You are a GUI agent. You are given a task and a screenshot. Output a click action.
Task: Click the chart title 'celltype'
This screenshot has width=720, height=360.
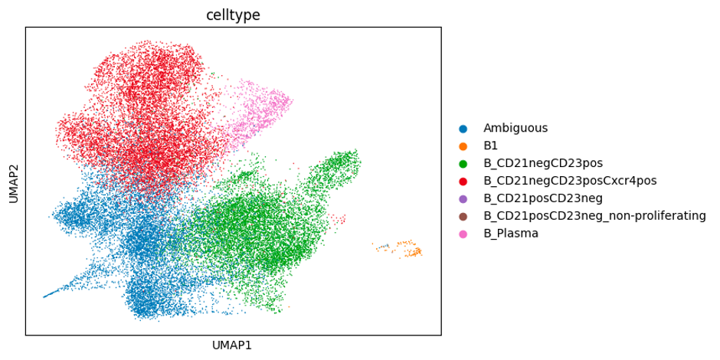point(233,15)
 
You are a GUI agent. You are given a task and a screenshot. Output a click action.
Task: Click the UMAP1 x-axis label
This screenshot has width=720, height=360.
point(233,345)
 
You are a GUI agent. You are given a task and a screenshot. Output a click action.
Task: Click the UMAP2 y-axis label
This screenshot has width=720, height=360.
point(13,182)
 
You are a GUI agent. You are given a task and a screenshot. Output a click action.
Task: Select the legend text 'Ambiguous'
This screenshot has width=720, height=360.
point(515,128)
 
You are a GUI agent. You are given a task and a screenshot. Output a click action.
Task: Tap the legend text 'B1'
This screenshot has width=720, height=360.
point(491,146)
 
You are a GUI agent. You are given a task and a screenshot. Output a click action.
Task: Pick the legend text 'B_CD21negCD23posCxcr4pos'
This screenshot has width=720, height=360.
point(570,181)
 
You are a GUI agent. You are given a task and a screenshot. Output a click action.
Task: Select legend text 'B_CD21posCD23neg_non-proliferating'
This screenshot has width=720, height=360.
point(594,216)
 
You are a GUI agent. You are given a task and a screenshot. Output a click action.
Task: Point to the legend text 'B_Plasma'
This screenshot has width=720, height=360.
point(511,234)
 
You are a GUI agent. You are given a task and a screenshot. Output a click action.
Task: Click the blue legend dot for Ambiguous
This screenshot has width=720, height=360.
point(463,129)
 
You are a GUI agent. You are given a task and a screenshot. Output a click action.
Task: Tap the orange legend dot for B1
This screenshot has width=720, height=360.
point(463,146)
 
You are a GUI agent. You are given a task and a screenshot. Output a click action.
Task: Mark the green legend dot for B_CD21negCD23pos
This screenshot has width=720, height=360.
point(463,164)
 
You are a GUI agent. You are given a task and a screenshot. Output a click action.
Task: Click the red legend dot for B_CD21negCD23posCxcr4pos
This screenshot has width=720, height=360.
point(463,182)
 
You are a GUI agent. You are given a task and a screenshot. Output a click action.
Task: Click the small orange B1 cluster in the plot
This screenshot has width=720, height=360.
point(409,249)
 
